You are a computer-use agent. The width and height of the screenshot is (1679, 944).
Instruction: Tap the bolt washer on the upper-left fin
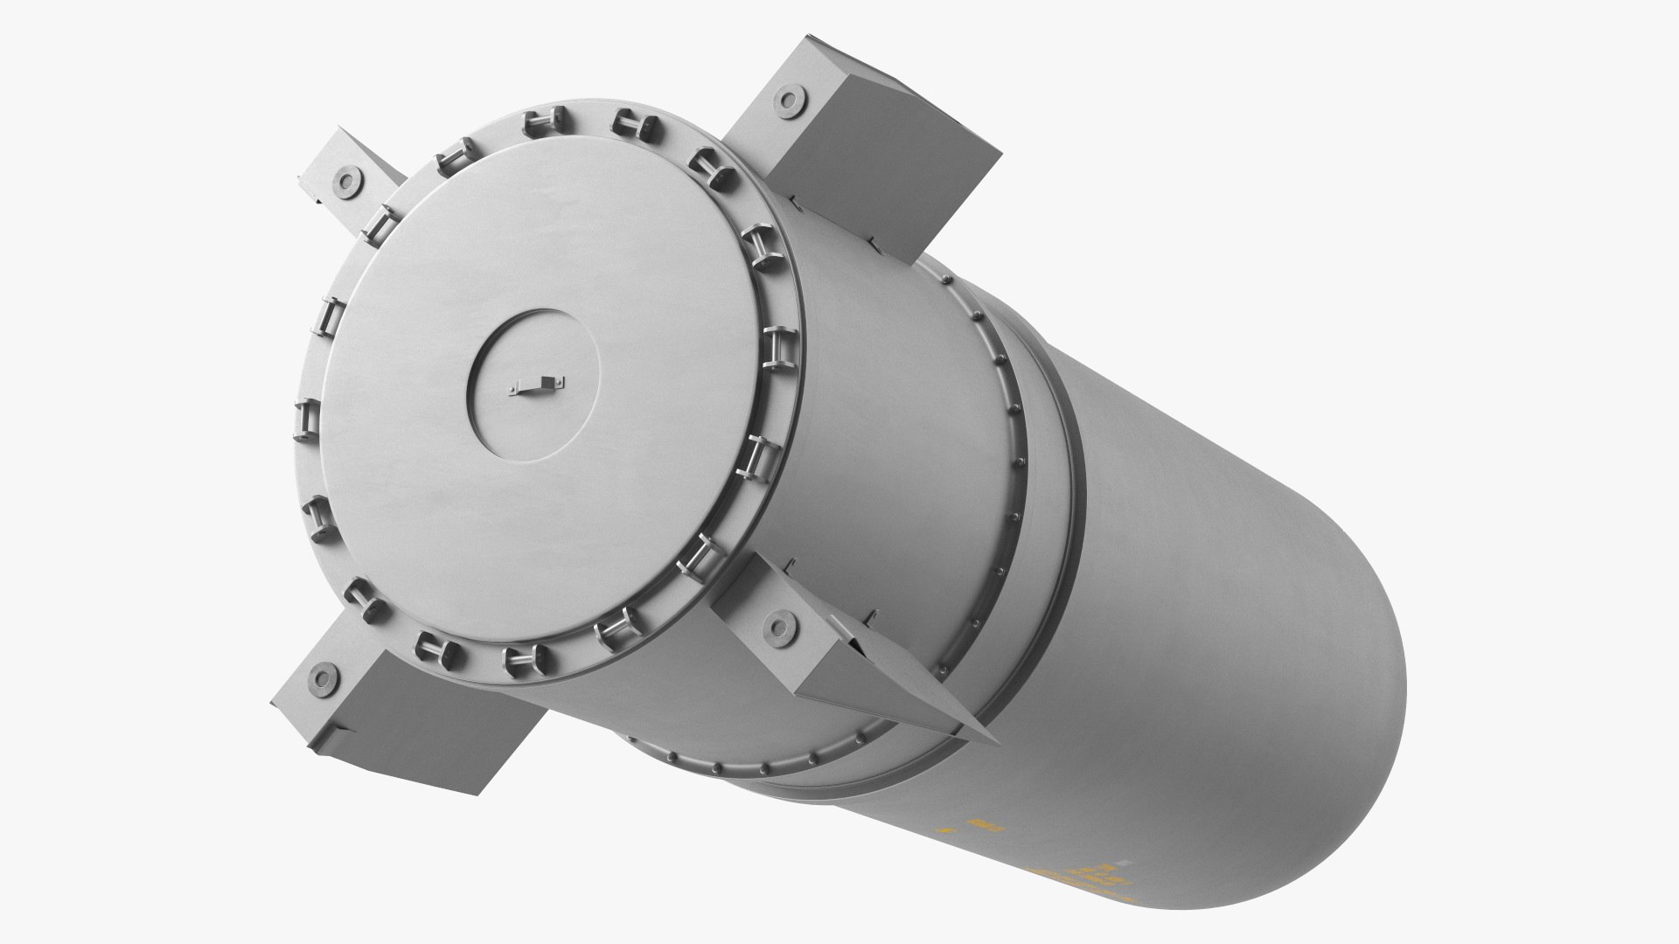click(x=346, y=181)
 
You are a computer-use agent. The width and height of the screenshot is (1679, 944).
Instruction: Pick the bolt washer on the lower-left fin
click(x=326, y=674)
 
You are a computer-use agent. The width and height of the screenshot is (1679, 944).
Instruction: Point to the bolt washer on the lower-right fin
click(x=777, y=626)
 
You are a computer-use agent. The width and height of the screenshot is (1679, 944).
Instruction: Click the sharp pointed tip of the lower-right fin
click(x=997, y=741)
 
